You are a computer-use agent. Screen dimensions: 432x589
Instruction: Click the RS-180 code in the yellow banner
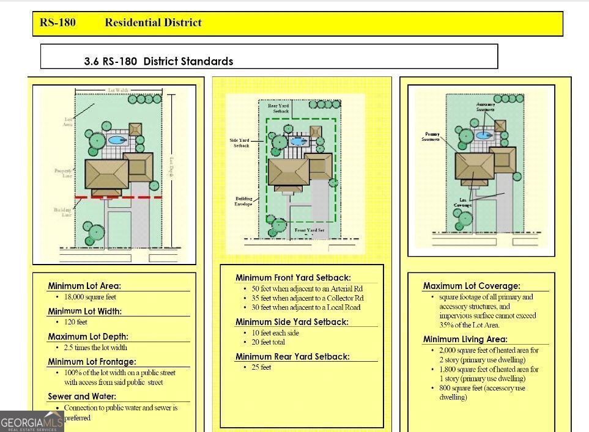coord(57,23)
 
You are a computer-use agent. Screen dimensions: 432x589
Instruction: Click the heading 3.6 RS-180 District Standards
coord(158,61)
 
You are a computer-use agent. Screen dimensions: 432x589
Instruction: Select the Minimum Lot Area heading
coord(84,286)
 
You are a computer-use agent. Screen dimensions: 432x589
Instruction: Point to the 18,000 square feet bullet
coord(90,297)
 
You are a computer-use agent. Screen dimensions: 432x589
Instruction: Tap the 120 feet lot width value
coord(76,322)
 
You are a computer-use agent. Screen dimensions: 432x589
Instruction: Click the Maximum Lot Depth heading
coord(88,336)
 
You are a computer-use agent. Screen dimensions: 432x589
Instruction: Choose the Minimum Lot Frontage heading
coord(92,362)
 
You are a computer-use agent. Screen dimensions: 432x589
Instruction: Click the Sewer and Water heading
coord(82,397)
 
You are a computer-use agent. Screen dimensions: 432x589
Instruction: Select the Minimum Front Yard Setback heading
coord(293,278)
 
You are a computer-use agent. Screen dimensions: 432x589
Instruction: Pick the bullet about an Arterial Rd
coord(307,289)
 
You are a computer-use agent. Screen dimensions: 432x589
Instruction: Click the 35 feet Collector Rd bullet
coord(308,298)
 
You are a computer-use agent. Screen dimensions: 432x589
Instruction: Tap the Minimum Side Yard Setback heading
coord(292,321)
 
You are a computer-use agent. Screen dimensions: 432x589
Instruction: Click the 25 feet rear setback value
coord(261,367)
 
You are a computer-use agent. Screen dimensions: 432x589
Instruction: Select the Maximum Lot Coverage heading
coord(472,286)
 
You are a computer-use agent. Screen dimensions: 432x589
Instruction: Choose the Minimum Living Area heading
coord(465,339)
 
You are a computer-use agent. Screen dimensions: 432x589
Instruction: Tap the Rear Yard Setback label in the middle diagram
coord(278,109)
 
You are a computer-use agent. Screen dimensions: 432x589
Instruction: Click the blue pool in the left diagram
coord(115,140)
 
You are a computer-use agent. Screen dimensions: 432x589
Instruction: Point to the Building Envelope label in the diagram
coord(243,201)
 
